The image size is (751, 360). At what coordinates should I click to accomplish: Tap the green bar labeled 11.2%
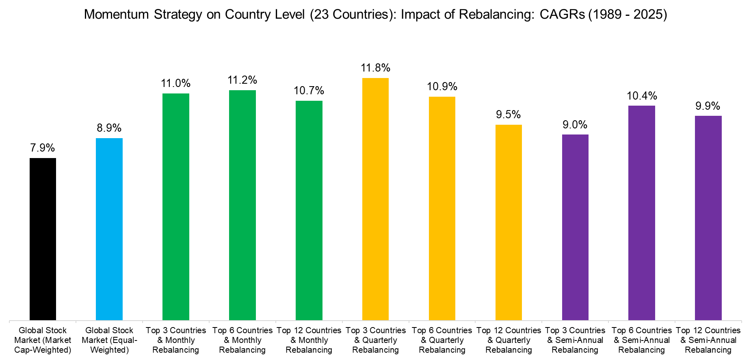(x=242, y=205)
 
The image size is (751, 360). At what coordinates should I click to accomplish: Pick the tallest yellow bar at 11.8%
(x=375, y=199)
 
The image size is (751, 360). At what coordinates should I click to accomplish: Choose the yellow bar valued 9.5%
(x=509, y=222)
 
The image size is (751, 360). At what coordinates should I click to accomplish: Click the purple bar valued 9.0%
(x=575, y=227)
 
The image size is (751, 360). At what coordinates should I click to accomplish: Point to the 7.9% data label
(x=43, y=148)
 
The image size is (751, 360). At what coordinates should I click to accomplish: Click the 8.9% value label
(x=109, y=128)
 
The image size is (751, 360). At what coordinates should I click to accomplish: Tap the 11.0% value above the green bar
(x=176, y=83)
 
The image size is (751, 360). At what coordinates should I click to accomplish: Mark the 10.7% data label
(x=309, y=91)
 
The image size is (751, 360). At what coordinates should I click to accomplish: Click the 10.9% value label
(x=442, y=87)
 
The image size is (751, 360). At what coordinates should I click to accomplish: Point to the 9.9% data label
(x=708, y=106)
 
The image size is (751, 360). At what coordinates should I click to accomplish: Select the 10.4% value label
(x=642, y=96)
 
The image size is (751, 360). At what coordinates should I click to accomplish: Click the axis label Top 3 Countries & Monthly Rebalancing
(x=176, y=340)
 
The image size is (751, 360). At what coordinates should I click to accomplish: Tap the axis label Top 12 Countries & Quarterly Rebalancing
(x=509, y=340)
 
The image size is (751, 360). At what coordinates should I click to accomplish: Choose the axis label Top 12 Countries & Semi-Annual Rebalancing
(x=708, y=340)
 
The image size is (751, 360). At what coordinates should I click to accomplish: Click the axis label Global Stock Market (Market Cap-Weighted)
(x=43, y=340)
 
